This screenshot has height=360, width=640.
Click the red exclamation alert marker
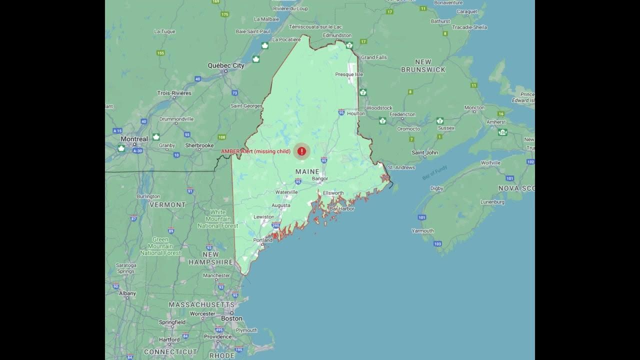[x=301, y=151]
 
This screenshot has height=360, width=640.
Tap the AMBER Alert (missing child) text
[x=255, y=151]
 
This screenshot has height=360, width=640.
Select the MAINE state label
[x=307, y=171]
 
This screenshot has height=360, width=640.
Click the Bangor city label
[x=320, y=178]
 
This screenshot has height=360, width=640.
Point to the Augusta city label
[x=281, y=205]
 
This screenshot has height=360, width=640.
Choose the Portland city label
[x=263, y=240]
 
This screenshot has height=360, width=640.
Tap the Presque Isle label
[x=348, y=74]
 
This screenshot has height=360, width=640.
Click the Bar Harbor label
[x=342, y=208]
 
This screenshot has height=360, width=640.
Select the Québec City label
[x=226, y=65]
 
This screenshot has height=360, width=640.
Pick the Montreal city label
[x=134, y=139]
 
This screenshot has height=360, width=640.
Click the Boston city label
[x=231, y=318]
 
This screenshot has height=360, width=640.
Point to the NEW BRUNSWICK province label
[x=423, y=66]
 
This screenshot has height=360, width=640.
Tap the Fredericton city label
[x=402, y=114]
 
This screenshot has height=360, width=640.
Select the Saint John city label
[x=424, y=152]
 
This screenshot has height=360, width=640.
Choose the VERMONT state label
[x=167, y=204]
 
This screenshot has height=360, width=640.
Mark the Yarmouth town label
[x=422, y=231]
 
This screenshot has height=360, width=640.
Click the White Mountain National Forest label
[x=218, y=219]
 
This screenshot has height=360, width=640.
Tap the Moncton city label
[x=474, y=107]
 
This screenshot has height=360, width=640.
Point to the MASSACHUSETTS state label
[x=201, y=304]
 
